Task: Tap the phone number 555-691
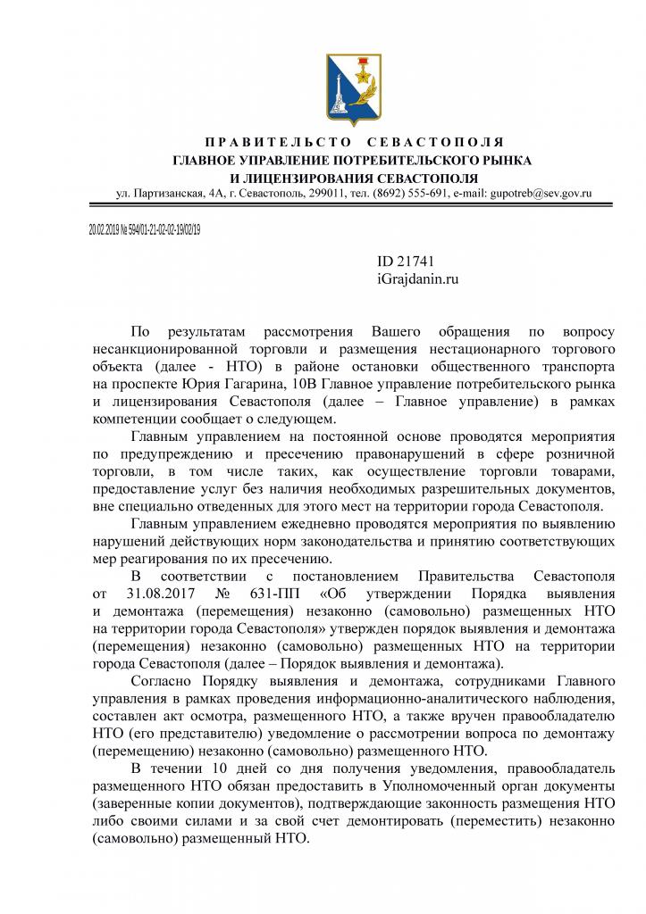pyautogui.click(x=420, y=194)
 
